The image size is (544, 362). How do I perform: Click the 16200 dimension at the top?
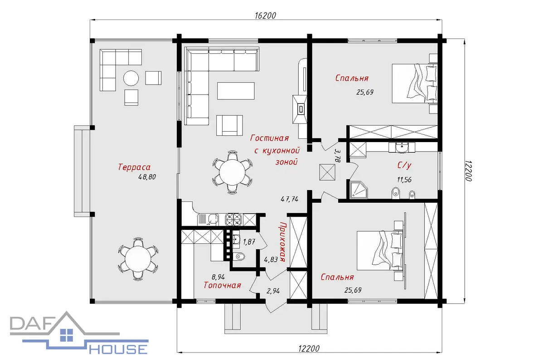click(265, 15)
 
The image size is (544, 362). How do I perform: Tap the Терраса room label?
click(134, 167)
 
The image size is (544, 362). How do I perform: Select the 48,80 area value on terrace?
click(147, 177)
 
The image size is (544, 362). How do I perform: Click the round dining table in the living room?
click(233, 172)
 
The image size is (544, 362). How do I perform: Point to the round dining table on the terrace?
click(138, 259)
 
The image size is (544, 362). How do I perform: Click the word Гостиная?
click(270, 138)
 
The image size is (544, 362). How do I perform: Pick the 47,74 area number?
click(290, 199)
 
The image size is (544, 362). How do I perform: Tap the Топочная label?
click(222, 285)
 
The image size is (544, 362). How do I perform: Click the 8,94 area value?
click(218, 276)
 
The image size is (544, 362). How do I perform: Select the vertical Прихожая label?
click(282, 242)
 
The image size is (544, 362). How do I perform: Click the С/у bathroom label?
click(404, 165)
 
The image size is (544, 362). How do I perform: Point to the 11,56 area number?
click(404, 180)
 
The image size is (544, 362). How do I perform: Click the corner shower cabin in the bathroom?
click(359, 190)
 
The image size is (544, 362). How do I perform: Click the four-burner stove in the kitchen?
click(233, 219)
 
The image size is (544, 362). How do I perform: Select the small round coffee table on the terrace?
click(131, 78)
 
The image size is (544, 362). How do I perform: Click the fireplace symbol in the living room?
click(300, 110)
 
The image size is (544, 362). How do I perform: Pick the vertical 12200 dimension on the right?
click(468, 171)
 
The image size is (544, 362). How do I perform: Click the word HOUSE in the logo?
click(118, 349)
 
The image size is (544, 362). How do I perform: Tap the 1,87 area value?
click(249, 242)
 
